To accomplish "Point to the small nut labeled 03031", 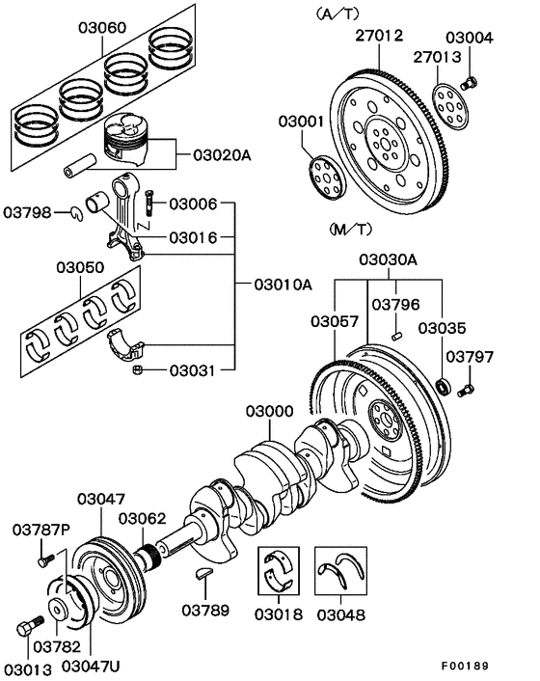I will (x=137, y=368).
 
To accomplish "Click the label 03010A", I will (x=283, y=285).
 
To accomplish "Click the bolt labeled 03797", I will (x=470, y=389).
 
